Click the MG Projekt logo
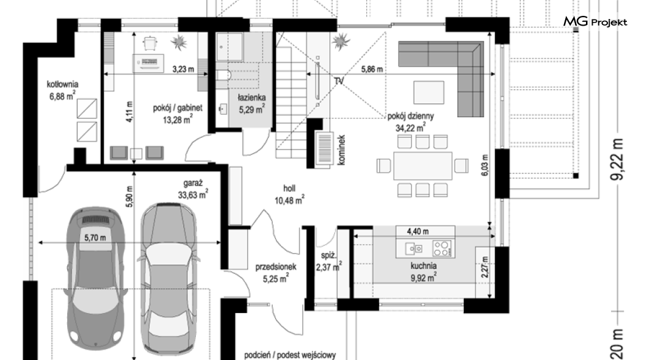click(x=595, y=21)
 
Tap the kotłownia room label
click(x=62, y=85)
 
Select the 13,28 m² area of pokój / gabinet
click(x=178, y=120)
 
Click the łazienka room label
click(x=251, y=98)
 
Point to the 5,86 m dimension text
click(x=372, y=70)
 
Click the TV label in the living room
click(x=339, y=81)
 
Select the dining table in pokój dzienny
click(x=423, y=166)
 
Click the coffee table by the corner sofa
click(x=429, y=92)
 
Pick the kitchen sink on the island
click(x=414, y=248)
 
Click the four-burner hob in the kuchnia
click(x=441, y=248)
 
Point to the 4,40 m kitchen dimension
click(x=417, y=232)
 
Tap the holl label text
click(x=289, y=189)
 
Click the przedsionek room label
click(x=276, y=267)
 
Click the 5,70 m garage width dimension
click(x=95, y=238)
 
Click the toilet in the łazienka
click(x=223, y=74)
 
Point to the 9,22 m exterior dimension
click(x=618, y=159)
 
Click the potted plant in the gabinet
click(x=179, y=41)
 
